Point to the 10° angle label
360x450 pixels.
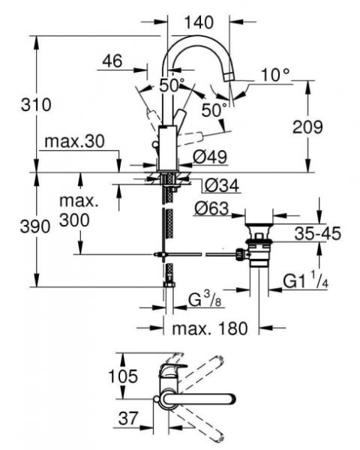click(x=274, y=74)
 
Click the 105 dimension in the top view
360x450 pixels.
click(x=124, y=375)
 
